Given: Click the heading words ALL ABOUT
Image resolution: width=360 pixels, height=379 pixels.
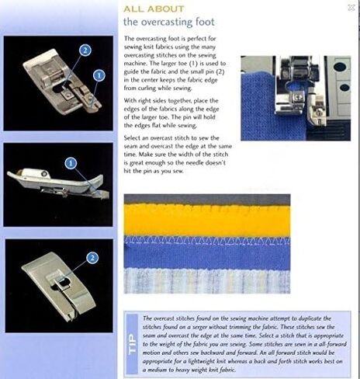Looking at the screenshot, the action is pos(154,9).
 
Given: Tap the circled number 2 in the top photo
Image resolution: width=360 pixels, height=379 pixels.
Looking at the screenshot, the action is pos(85,50).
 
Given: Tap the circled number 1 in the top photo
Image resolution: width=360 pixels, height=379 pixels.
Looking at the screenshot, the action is pos(99,75).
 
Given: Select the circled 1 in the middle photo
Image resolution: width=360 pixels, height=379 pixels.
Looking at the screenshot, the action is pos(71,163).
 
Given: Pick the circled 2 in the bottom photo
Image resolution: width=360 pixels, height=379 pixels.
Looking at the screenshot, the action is pos(92,258).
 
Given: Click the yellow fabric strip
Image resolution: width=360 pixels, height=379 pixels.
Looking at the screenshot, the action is pos(207,220).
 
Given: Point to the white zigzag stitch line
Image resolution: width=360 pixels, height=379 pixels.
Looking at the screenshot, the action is pos(207,242).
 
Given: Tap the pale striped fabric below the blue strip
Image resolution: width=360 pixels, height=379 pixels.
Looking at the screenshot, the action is pos(207,281).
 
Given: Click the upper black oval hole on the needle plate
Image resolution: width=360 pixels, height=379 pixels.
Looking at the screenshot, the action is pos(340,67).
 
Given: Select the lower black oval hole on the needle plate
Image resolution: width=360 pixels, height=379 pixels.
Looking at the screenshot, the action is pos(344,87).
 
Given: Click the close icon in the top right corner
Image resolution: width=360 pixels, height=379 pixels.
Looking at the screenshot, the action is pos(351,8).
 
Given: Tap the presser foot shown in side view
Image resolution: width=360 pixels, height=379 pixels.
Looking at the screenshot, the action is pos(58,183).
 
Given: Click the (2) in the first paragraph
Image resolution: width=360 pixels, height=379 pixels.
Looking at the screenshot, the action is pos(220,71).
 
